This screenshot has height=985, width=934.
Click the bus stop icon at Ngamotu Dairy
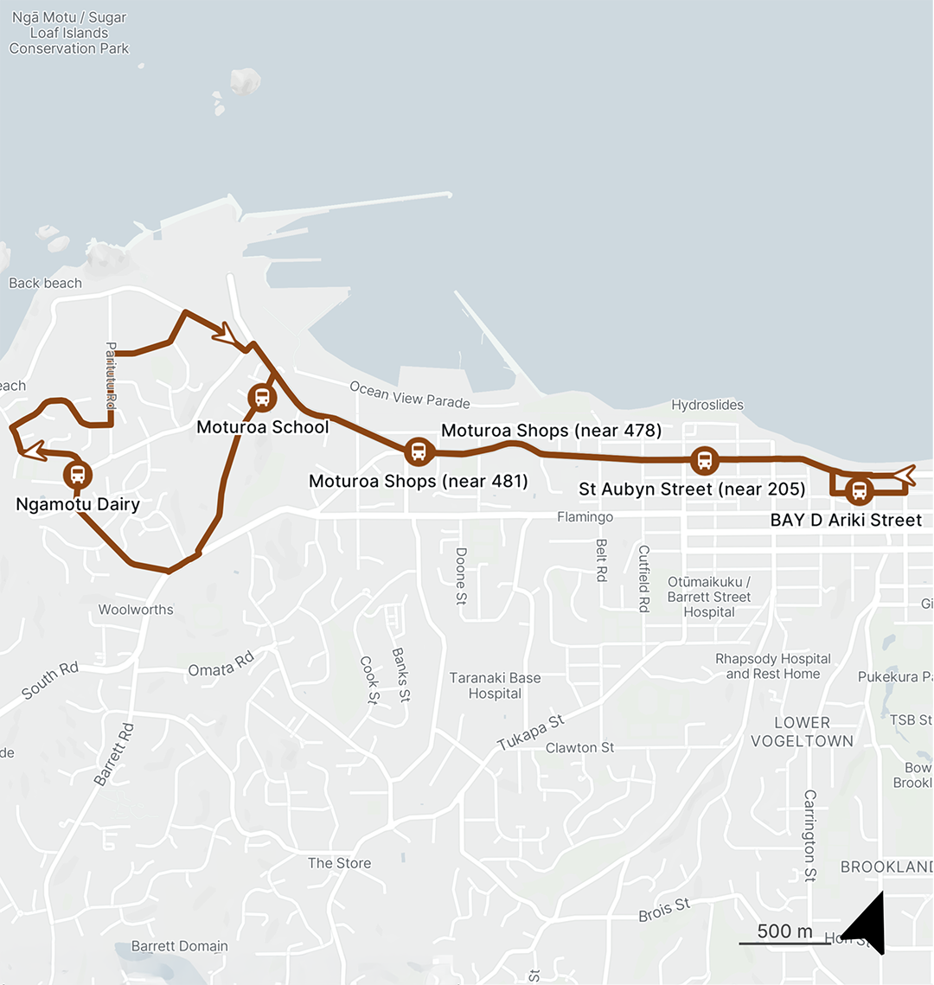(78, 474)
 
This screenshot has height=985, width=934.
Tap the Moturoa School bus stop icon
(262, 398)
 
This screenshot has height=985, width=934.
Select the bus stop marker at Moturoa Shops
(419, 451)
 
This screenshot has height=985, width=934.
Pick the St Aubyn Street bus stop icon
(705, 460)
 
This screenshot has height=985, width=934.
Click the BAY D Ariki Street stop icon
(859, 491)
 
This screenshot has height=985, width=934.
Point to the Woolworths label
(136, 610)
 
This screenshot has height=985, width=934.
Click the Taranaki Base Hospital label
(495, 686)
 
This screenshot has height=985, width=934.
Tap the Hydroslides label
(707, 405)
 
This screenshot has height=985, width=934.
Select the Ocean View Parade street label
(410, 395)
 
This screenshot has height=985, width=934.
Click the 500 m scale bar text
(784, 931)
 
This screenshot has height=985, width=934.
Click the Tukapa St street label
(530, 732)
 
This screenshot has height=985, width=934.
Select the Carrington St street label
(810, 835)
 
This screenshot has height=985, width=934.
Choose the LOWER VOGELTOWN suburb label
(802, 732)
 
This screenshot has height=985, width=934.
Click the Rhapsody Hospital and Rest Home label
(773, 666)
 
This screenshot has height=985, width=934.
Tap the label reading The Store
(339, 863)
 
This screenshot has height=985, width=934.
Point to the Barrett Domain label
(180, 946)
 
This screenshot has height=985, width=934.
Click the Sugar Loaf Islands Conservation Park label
(69, 33)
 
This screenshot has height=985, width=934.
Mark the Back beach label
(45, 283)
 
